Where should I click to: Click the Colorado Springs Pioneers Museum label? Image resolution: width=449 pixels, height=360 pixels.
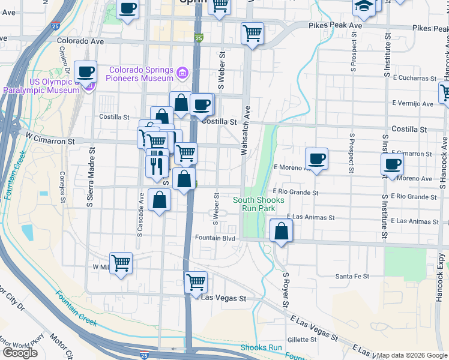coord(140,74)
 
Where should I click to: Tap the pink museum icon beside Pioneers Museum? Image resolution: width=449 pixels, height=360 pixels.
coord(182,74)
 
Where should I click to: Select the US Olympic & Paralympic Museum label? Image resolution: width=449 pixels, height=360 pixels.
coord(41,86)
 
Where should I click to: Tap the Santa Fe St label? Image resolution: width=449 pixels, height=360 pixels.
coord(352,276)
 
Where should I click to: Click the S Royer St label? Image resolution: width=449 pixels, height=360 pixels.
coord(286,287)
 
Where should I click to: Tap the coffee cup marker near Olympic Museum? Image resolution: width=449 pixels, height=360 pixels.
coord(85,72)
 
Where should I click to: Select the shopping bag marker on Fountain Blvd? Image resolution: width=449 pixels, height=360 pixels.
coord(281,230)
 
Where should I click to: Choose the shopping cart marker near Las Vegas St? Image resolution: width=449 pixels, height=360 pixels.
coord(196,281)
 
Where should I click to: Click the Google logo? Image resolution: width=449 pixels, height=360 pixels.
coord(20,352)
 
